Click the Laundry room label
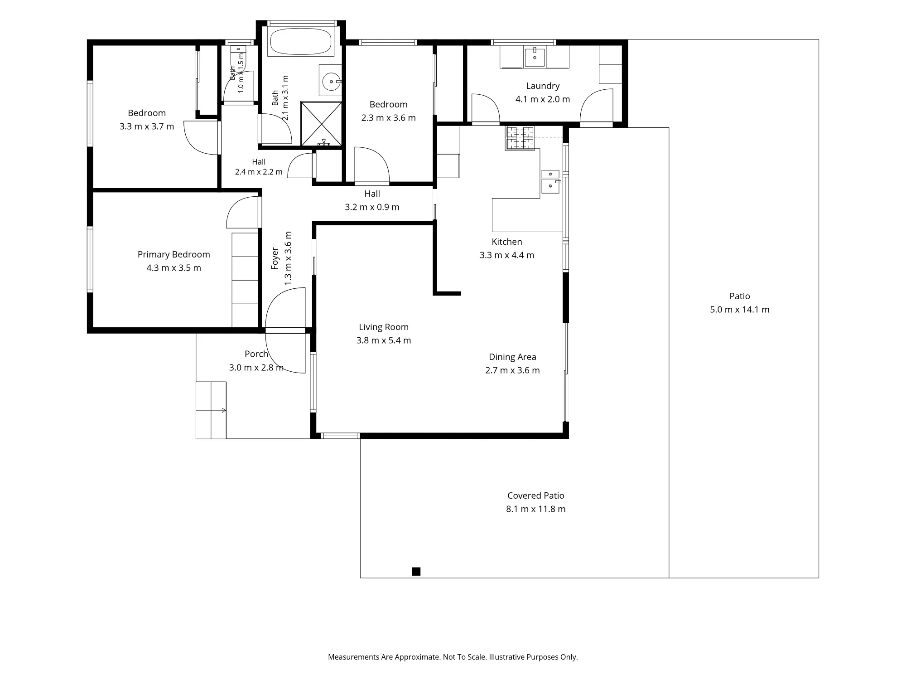[x=543, y=86]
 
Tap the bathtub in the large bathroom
[x=301, y=42]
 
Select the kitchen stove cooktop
[x=520, y=138]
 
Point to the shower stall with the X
[x=321, y=124]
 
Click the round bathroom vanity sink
[x=331, y=82]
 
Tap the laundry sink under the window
[x=535, y=57]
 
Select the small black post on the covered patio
[x=416, y=572]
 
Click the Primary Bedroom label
[x=174, y=254]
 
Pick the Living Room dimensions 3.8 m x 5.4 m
[x=384, y=340]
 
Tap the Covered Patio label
[x=536, y=495]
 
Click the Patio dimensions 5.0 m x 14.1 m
[x=740, y=310]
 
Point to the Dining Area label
[x=512, y=357]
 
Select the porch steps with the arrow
[x=211, y=410]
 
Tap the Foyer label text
[x=275, y=258]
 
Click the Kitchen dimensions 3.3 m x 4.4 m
[x=507, y=255]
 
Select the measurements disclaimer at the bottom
[x=453, y=657]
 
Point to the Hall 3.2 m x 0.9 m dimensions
[x=372, y=207]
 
